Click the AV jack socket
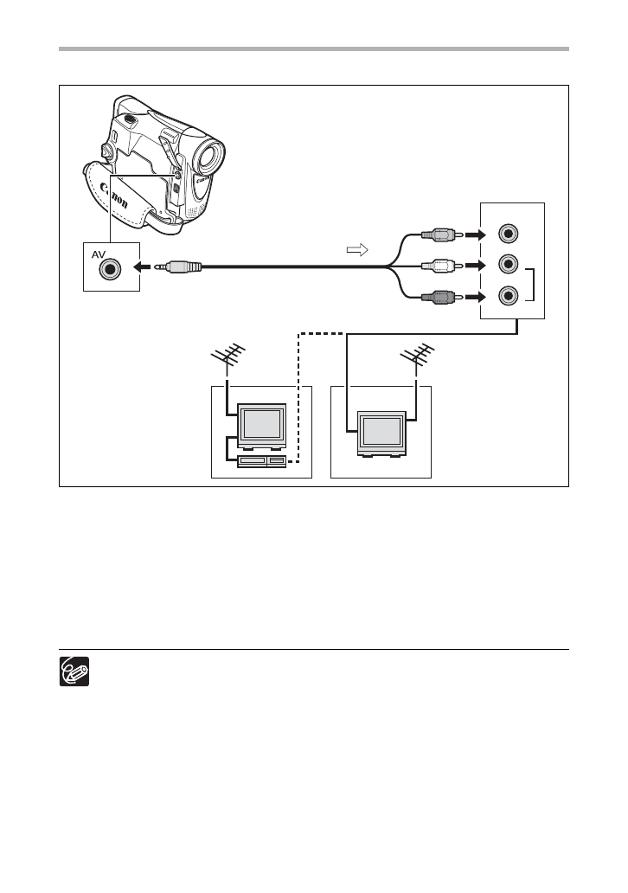[x=110, y=268]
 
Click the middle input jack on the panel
[x=509, y=265]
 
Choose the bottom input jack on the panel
[x=509, y=296]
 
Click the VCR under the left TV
[x=261, y=461]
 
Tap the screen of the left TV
[x=262, y=424]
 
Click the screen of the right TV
[x=381, y=430]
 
